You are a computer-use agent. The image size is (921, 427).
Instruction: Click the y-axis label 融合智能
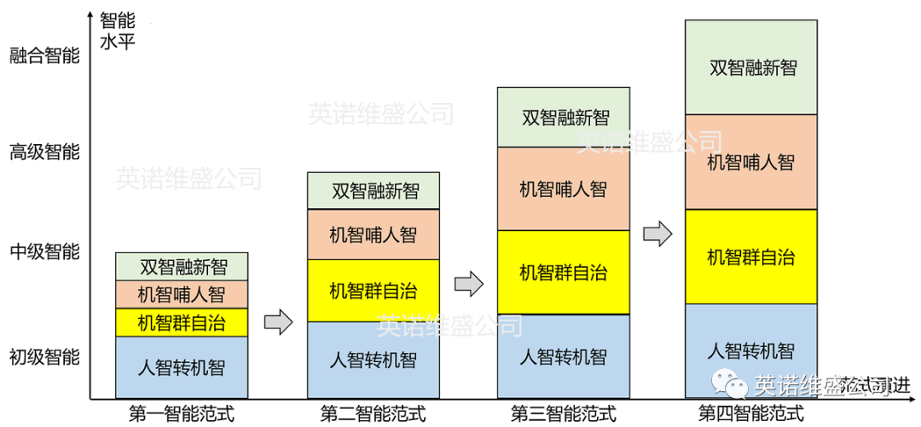(44, 56)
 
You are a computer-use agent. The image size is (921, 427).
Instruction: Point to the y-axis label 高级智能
(44, 153)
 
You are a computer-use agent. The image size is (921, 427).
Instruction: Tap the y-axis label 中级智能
(44, 251)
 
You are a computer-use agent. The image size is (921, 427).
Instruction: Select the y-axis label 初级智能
(44, 356)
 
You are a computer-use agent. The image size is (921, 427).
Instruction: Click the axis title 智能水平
(117, 31)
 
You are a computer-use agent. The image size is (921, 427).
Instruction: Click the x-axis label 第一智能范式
(181, 415)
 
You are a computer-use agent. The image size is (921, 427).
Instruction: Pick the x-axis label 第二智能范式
(373, 415)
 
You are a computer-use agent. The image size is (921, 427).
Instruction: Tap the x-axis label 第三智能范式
(563, 415)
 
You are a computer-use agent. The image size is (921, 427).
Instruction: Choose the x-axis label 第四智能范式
(751, 415)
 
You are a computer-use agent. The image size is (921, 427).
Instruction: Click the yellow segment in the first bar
(182, 322)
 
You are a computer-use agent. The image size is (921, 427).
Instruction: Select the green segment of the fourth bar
(751, 67)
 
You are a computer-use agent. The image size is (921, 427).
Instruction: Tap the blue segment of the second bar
(374, 359)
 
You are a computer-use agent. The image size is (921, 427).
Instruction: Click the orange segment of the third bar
(563, 188)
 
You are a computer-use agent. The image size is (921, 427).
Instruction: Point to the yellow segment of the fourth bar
(751, 257)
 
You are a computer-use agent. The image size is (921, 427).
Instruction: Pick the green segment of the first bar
(182, 266)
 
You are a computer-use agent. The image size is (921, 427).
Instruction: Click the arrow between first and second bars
(278, 322)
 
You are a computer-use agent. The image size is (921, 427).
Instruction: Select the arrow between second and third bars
(468, 284)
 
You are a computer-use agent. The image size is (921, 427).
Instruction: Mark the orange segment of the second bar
(374, 234)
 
